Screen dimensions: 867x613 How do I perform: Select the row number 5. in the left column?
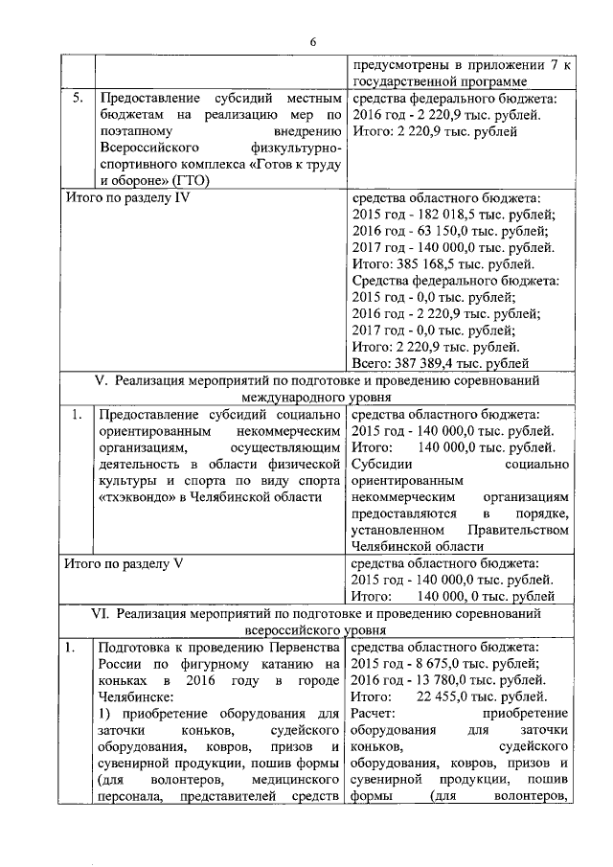coord(76,99)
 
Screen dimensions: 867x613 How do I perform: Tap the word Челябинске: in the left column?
coord(136,697)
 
